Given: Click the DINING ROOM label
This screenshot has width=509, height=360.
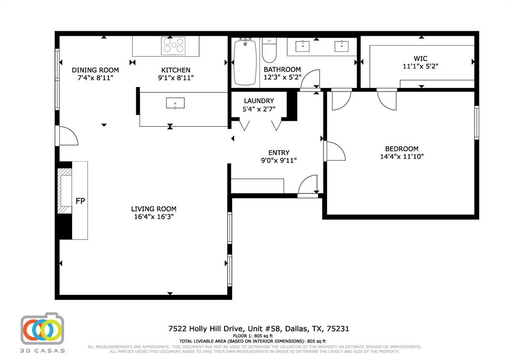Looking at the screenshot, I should point(95,70).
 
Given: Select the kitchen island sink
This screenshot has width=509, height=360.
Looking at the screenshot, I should point(175,103).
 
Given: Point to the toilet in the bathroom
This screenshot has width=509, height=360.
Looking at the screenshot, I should point(269,50).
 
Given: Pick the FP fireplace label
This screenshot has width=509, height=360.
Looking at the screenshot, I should point(80,201).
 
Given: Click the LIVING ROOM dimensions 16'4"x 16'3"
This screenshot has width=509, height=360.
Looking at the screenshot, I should point(154,216).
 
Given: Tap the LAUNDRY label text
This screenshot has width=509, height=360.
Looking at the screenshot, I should point(258,101).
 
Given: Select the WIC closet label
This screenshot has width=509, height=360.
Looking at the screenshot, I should point(420,58).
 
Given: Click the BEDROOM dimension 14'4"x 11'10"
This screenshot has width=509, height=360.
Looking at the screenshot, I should point(402,156).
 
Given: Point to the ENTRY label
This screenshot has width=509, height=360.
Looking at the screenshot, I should point(278,153).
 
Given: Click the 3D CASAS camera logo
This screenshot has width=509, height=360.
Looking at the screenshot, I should point(42,329).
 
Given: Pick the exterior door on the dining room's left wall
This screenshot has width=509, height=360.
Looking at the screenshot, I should point(67,135).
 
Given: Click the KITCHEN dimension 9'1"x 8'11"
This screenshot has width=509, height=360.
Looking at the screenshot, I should point(175,78).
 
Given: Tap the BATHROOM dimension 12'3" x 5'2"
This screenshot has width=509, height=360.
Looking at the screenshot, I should point(282,77).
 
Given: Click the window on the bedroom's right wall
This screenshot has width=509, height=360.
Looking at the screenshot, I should point(476,122).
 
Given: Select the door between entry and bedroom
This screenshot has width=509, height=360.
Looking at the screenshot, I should point(334,151).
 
